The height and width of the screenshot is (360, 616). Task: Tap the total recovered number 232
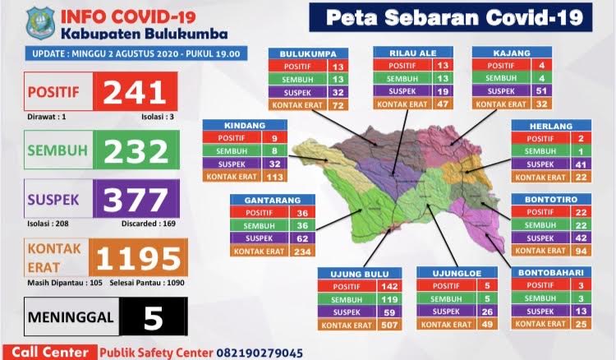click(136, 151)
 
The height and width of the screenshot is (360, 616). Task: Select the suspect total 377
click(136, 199)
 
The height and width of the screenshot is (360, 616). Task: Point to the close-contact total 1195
click(136, 257)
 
